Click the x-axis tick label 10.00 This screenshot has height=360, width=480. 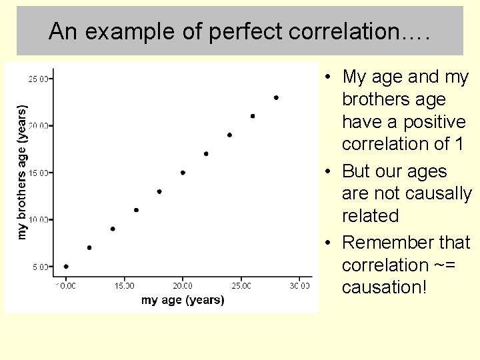point(65,286)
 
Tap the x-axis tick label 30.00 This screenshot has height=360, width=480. point(299,286)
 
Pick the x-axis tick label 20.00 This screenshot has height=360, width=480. point(183,286)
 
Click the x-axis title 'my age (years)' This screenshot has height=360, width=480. point(183,300)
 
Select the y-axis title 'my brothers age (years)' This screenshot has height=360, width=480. point(23,171)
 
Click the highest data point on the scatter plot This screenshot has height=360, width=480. point(276,97)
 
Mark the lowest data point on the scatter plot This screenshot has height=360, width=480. point(66,267)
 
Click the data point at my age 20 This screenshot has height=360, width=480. point(183,173)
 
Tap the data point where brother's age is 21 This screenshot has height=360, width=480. point(253,116)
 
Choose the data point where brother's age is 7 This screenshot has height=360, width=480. point(89,247)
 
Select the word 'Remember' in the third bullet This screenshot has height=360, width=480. point(387,243)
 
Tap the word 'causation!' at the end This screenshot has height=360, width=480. point(383,287)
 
